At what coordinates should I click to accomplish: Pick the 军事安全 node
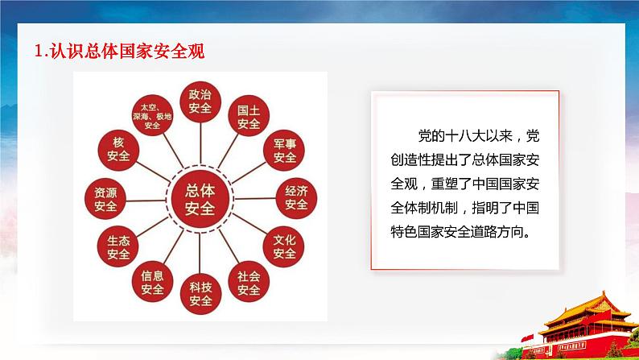[284, 151]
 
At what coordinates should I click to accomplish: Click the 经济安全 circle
[296, 197]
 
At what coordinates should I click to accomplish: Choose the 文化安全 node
[284, 246]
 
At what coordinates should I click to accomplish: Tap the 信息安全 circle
[152, 281]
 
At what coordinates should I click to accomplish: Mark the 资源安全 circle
[105, 199]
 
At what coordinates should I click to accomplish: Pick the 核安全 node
[117, 151]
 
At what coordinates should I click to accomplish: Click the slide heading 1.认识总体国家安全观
[121, 52]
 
